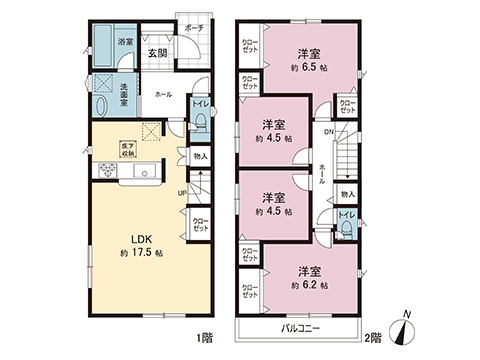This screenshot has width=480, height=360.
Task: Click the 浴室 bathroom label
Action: coord(125,43)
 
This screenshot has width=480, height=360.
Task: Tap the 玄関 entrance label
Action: coord(158,53)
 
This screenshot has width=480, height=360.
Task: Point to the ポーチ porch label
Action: coord(194,27)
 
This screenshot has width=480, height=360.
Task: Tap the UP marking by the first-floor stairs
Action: coord(181,192)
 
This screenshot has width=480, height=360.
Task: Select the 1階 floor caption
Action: coord(204,336)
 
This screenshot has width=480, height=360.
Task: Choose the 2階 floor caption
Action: coord(374,336)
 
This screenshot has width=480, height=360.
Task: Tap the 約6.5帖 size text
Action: coord(306,69)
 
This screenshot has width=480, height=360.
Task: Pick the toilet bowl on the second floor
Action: coord(346,229)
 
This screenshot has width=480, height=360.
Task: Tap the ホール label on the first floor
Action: coord(163,94)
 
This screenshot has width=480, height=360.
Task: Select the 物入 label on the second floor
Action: coord(347,194)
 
